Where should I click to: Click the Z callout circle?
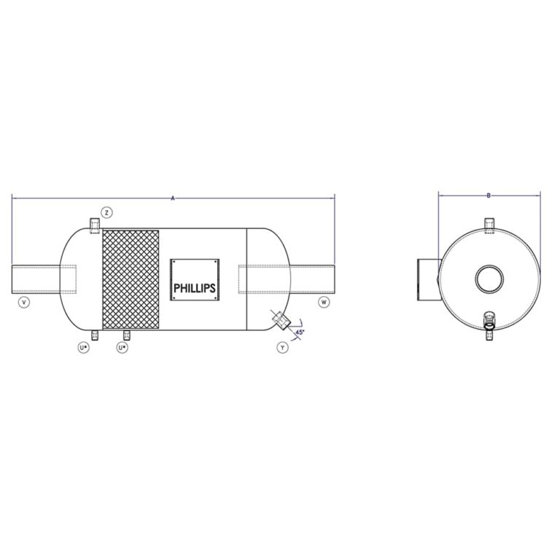(x=106, y=212)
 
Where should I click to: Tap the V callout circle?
(x=24, y=302)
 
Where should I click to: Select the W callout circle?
(x=324, y=302)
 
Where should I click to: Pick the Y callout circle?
(x=282, y=347)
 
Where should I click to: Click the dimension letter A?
(x=173, y=198)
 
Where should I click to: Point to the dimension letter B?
(x=489, y=195)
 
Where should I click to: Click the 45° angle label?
(x=300, y=332)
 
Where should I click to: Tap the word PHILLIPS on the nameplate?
(x=194, y=288)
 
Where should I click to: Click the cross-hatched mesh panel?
(x=131, y=279)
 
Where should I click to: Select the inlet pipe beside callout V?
(x=36, y=279)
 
